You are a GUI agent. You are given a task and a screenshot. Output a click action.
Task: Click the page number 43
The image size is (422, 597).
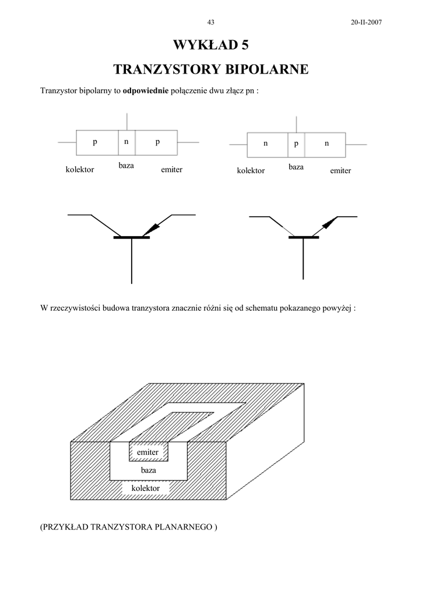pos(211,22)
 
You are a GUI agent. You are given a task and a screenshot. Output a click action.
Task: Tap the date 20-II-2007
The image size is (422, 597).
pos(366,22)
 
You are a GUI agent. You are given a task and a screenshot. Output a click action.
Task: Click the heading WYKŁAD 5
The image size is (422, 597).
pos(210,45)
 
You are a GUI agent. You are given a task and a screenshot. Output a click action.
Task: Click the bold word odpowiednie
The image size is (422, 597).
pos(145,91)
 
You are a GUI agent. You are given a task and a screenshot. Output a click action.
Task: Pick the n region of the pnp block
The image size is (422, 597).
pos(126,142)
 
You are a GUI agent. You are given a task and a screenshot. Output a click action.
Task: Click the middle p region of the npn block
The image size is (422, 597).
pos(296,143)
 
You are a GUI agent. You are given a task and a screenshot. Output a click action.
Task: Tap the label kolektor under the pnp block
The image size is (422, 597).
pos(80,170)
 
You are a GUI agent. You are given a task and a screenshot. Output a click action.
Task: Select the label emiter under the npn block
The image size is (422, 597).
pos(340,171)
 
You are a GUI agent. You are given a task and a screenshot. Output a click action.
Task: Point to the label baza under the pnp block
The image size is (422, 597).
pos(126,166)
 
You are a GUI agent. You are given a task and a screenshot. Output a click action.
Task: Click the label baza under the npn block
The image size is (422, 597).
pos(296,167)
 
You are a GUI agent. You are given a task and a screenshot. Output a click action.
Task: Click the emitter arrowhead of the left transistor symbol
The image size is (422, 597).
pos(155,226)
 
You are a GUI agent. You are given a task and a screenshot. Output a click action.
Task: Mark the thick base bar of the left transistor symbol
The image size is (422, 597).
pos(132,237)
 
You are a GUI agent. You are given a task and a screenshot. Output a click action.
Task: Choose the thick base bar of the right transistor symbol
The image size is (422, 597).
pos(303,237)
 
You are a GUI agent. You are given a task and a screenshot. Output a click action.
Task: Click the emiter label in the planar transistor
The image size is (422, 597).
pos(147,452)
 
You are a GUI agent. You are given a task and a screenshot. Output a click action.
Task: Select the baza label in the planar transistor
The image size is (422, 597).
pos(149,470)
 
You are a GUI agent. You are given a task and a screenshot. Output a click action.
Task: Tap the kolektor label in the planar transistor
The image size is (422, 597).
pos(146,488)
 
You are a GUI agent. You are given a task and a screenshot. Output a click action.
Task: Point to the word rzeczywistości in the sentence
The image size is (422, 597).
pos(75,308)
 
